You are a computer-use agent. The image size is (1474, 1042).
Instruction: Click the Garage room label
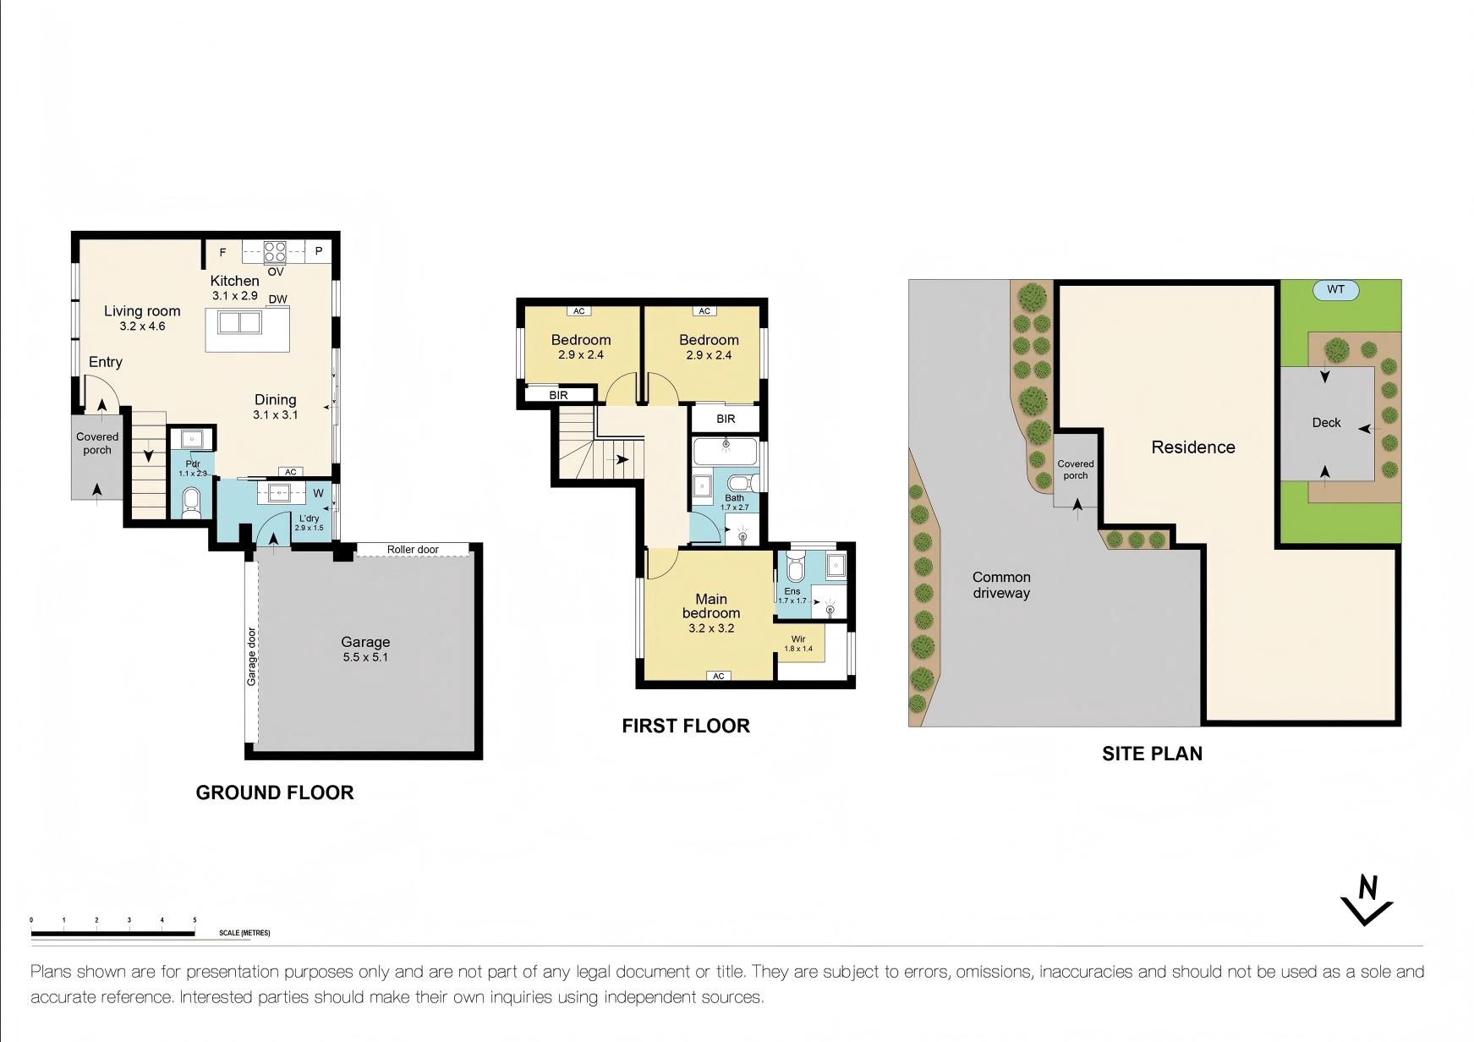365,642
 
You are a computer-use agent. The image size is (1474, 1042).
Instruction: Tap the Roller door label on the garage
413,550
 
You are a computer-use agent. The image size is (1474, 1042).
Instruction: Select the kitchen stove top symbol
275,252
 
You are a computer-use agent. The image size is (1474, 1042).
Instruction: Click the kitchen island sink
239,322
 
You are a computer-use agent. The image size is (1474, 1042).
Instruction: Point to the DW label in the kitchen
277,299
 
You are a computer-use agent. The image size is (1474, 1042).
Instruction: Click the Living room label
142,311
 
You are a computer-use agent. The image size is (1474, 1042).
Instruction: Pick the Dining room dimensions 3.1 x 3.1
275,415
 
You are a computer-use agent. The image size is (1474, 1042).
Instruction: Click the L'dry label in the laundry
309,518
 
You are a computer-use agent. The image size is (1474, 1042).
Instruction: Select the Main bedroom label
711,606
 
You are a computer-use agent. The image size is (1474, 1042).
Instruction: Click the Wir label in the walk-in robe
798,639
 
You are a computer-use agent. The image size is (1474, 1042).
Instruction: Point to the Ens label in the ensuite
792,591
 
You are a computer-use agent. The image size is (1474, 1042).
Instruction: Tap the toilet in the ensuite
794,565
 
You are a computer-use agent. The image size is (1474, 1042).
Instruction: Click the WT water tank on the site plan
1335,290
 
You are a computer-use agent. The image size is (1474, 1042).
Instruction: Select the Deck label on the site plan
1326,423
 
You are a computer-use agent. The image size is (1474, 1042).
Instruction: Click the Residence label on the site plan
1193,447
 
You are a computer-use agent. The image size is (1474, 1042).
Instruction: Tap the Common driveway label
1001,585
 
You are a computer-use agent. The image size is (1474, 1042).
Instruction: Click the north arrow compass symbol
1367,901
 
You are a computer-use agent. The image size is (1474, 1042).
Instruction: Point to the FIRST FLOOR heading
686,726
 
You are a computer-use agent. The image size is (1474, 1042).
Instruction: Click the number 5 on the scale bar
195,920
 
